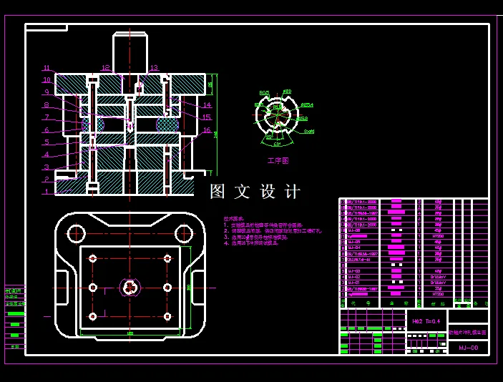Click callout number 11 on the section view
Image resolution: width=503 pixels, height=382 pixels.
(x=47, y=68)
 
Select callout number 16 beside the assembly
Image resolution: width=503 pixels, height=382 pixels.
(x=207, y=130)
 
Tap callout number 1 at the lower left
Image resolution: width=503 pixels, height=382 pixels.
(x=47, y=191)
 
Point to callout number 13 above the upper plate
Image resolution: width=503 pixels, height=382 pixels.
(x=154, y=68)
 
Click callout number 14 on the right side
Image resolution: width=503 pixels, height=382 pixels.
(x=207, y=105)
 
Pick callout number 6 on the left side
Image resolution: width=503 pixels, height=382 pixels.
(x=47, y=130)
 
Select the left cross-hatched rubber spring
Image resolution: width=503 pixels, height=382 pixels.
(x=92, y=124)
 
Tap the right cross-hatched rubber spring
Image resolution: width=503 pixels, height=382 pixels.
(x=167, y=124)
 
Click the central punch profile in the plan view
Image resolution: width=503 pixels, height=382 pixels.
(x=130, y=287)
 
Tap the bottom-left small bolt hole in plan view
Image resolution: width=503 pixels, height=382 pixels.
(x=92, y=316)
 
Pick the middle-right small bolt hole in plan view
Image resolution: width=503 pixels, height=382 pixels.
(x=167, y=287)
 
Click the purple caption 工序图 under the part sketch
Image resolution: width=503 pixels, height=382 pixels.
(x=278, y=161)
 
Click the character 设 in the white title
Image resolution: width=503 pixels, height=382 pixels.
(x=268, y=192)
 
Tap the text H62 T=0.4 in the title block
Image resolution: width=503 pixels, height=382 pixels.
(x=426, y=321)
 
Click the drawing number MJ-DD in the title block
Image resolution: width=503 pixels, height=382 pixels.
(x=468, y=348)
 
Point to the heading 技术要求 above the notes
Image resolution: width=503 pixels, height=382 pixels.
(x=233, y=218)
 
